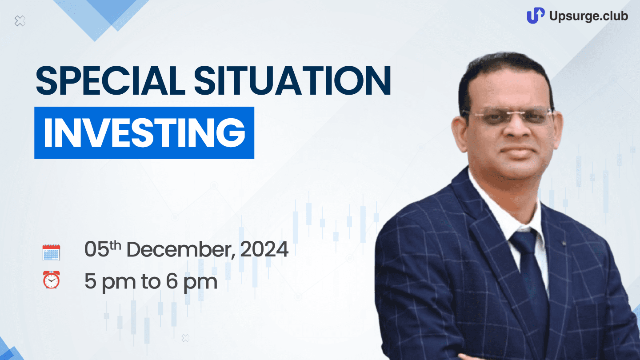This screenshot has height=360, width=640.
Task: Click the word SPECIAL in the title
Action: [x=111, y=80]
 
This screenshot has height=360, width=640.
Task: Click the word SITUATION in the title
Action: [x=292, y=80]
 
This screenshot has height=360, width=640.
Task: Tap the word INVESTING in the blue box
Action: [x=144, y=133]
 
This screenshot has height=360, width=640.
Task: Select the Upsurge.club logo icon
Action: [x=536, y=16]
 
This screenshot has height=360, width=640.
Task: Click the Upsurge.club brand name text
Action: [x=588, y=16]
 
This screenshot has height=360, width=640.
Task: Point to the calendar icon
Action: [x=52, y=252]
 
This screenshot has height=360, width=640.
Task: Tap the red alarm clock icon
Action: [x=52, y=280]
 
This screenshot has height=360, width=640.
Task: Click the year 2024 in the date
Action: [x=264, y=249]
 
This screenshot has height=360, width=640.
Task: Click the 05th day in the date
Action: [x=103, y=249]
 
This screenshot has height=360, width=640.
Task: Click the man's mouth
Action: [x=517, y=151]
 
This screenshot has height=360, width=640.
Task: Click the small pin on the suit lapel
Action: [x=564, y=244]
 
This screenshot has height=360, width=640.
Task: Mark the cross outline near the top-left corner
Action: [x=20, y=21]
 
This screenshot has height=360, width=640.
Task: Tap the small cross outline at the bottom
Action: [x=185, y=338]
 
